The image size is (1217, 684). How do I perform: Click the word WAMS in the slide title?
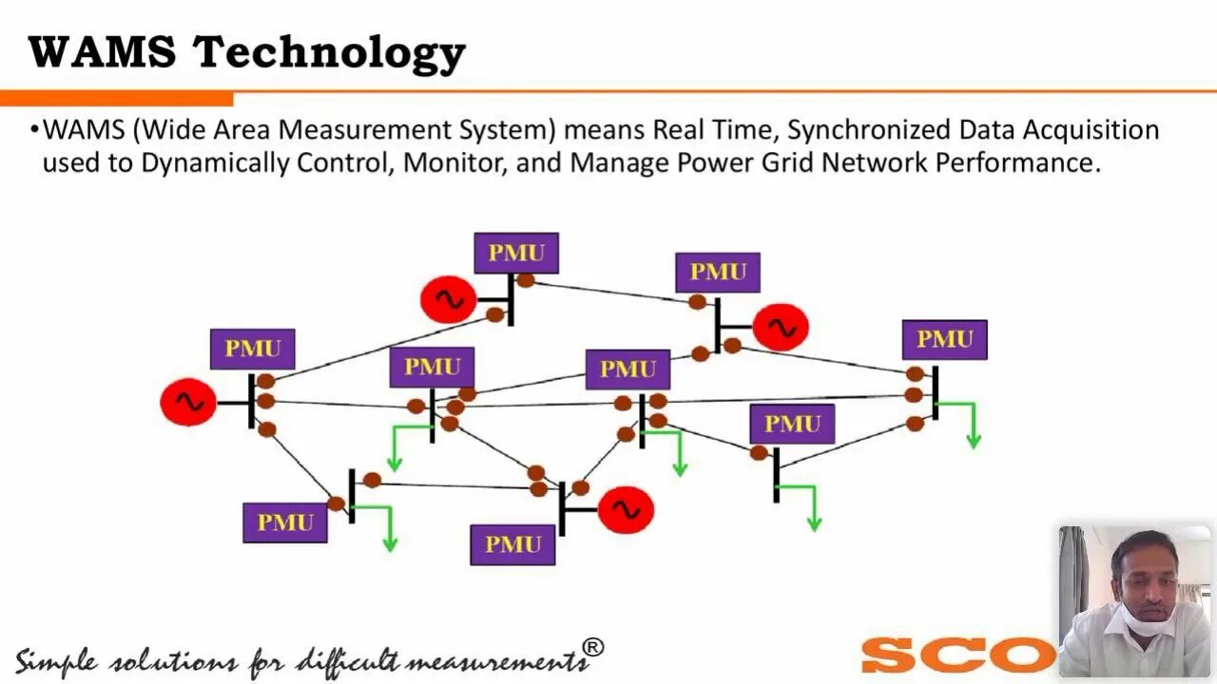(x=103, y=53)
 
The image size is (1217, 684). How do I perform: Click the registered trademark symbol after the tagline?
(x=592, y=648)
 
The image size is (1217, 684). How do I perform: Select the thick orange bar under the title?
(x=116, y=99)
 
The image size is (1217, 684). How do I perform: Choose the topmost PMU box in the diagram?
(x=516, y=253)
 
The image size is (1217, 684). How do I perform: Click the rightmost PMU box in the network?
(x=944, y=339)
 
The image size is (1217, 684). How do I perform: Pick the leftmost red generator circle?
(x=188, y=403)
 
